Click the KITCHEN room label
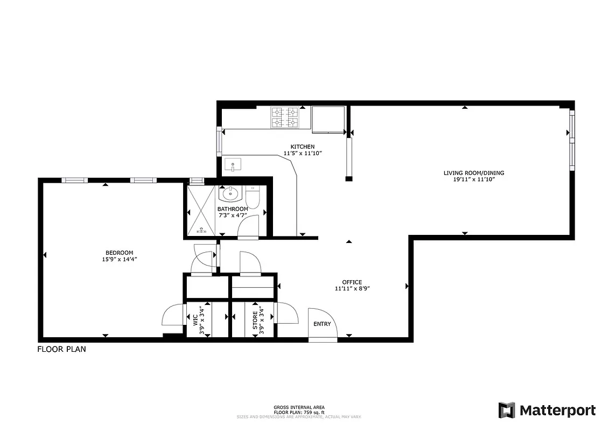[302, 147]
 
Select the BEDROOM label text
[119, 253]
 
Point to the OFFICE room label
[352, 282]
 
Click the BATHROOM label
[233, 209]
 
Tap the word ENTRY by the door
[323, 324]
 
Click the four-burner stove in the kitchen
[284, 118]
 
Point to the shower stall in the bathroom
[202, 211]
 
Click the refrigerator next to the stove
[328, 119]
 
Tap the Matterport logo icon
[507, 410]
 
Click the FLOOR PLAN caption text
[61, 349]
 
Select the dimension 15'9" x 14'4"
[119, 259]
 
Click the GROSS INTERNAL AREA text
[299, 407]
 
